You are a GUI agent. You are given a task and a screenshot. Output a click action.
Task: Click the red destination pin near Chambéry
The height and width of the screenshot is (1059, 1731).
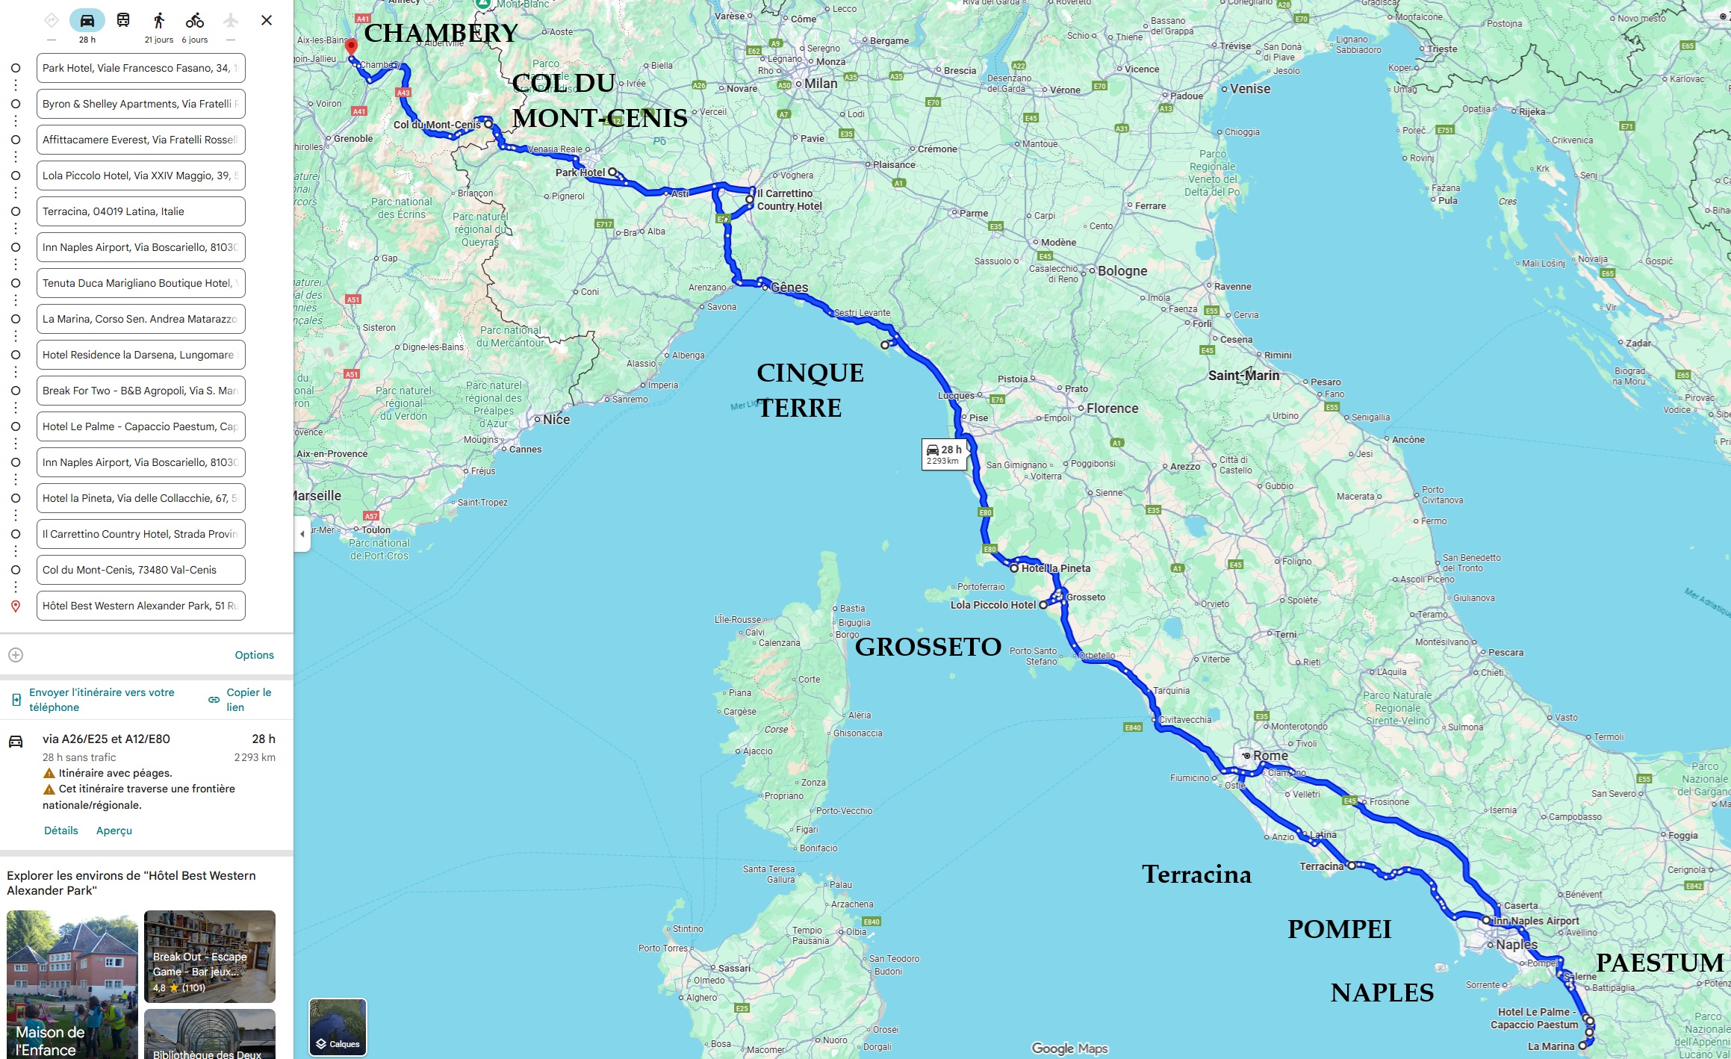[351, 47]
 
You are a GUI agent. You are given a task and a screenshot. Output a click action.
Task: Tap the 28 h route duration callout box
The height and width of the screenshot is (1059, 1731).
[945, 453]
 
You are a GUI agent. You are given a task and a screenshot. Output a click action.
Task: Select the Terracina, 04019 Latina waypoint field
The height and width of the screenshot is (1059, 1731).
[140, 211]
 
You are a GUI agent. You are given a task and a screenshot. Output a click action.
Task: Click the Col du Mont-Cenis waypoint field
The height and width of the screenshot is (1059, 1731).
[140, 570]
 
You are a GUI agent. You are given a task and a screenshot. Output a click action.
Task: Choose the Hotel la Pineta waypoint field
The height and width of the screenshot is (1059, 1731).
[140, 498]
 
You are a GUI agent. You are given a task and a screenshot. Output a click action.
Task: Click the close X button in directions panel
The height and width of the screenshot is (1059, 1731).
[267, 21]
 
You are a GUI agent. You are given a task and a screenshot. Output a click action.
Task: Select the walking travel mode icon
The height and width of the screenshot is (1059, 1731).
[158, 21]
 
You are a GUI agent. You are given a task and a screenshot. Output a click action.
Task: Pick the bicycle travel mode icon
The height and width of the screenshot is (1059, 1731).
[195, 21]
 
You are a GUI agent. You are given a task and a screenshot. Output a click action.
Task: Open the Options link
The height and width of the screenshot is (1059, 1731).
[254, 655]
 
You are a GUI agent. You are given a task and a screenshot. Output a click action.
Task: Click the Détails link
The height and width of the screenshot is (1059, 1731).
[60, 830]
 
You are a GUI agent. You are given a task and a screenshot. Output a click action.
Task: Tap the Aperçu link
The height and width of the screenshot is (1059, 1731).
[114, 830]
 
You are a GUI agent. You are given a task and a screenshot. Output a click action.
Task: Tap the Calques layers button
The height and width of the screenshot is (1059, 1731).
[338, 1027]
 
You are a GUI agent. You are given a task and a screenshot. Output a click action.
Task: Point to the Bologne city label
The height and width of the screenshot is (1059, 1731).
[1122, 271]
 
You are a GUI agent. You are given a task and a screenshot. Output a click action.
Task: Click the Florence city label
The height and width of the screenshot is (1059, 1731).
[1112, 409]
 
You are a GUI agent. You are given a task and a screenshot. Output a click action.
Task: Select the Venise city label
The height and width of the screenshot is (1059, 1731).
[1249, 89]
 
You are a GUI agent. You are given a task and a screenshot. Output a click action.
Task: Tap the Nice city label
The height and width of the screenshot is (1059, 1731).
[556, 420]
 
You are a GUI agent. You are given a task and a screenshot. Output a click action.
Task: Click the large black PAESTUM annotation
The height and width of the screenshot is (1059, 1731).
[1659, 963]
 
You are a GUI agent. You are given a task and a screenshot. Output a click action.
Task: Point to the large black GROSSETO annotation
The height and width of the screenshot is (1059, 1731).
[927, 647]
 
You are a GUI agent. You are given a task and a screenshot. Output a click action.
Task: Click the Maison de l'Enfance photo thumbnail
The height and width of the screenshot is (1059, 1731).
[72, 984]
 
